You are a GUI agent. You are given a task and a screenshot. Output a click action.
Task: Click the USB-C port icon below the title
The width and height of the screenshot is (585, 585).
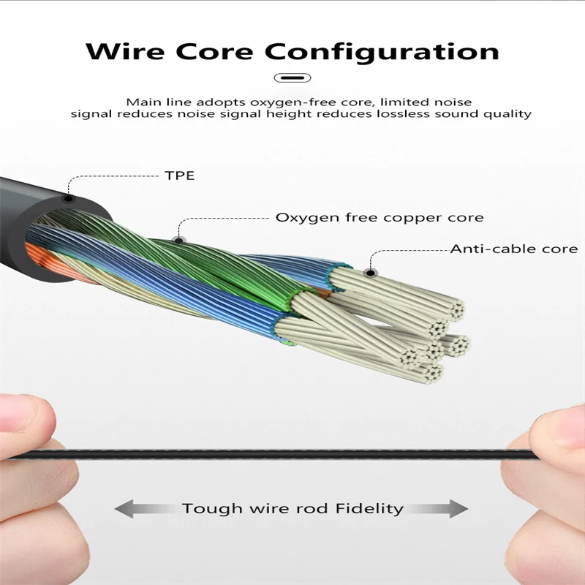point(292,78)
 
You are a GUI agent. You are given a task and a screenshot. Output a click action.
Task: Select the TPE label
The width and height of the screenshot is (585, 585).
point(178,175)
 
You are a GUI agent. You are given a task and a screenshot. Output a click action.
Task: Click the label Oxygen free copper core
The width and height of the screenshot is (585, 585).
point(379,217)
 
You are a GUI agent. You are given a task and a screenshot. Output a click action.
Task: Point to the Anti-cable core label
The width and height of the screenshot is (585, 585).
point(513,249)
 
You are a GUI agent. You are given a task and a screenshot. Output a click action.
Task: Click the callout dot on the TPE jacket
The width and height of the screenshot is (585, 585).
point(68,198)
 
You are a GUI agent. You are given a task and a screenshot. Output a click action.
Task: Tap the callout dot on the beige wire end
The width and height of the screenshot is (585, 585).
point(371,273)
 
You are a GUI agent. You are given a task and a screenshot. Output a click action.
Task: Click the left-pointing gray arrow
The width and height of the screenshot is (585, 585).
point(139,508)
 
